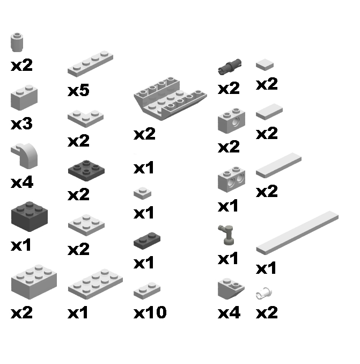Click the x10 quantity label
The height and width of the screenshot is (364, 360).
pos(150,312)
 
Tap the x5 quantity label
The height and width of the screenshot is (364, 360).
pos(78,91)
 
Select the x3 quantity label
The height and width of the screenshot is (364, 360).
pos(21,124)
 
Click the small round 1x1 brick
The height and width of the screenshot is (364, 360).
pos(18,41)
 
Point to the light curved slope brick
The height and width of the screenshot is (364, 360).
pos(25,155)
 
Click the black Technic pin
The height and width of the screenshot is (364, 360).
pos(231,67)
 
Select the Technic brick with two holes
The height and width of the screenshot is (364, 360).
pos(231,180)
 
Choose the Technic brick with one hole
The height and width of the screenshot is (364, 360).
pos(231,120)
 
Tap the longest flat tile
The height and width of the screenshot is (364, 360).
pos(297,231)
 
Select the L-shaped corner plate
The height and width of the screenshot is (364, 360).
pos(85,117)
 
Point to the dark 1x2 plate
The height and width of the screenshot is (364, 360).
pos(147,241)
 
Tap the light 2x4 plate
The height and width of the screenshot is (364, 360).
pos(95,282)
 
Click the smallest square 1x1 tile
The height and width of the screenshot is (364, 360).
pos(265,65)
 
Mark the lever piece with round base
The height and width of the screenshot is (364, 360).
pos(226,235)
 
